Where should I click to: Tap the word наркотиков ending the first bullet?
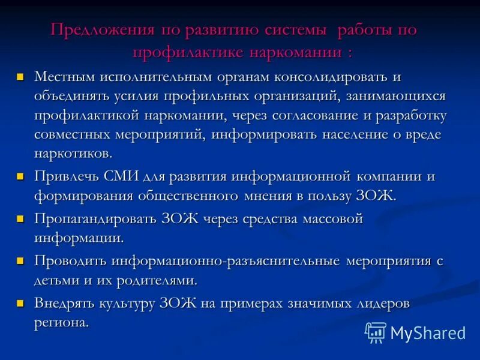73,153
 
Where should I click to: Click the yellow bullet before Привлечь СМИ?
20,177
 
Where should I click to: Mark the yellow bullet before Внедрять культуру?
20,304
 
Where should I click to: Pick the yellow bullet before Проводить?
20,262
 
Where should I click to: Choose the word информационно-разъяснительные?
226,261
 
